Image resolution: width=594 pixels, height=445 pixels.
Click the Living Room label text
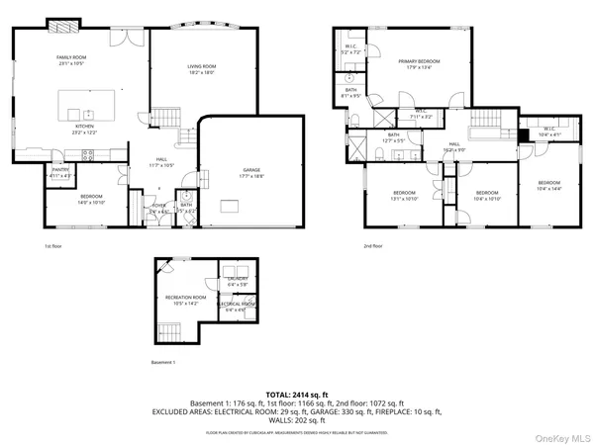coord(202,69)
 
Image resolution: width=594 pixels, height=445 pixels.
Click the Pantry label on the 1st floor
coord(59,174)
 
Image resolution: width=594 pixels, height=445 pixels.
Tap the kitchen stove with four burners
coord(86,153)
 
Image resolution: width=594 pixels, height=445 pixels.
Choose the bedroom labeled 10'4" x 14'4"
coord(548,185)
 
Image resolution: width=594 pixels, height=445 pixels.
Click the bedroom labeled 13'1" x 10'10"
coord(404,195)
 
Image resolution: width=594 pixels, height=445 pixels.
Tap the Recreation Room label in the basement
coord(185,300)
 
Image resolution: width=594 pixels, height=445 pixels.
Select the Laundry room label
coord(238,281)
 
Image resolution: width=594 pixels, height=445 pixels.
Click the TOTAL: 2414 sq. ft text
coord(296,394)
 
